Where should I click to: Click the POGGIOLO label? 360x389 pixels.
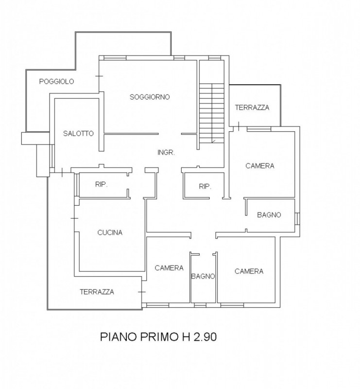(56, 82)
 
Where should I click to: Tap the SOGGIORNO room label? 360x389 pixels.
(150, 97)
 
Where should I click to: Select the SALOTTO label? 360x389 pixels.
(78, 133)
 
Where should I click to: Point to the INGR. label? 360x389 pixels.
(166, 152)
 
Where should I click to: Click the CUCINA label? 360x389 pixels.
(110, 232)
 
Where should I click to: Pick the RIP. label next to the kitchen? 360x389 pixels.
(101, 185)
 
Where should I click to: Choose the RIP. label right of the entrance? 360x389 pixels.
(204, 186)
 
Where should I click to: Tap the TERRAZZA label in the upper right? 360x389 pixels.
(252, 107)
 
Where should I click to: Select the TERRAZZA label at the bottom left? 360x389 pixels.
(97, 292)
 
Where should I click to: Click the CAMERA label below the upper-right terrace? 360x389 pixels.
(260, 166)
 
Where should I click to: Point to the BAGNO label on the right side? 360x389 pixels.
(269, 214)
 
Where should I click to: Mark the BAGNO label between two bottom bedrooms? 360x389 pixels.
(203, 276)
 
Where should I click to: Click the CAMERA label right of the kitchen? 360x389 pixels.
(169, 268)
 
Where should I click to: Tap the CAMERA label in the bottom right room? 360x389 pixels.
(249, 271)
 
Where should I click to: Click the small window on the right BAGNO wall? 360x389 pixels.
(297, 218)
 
